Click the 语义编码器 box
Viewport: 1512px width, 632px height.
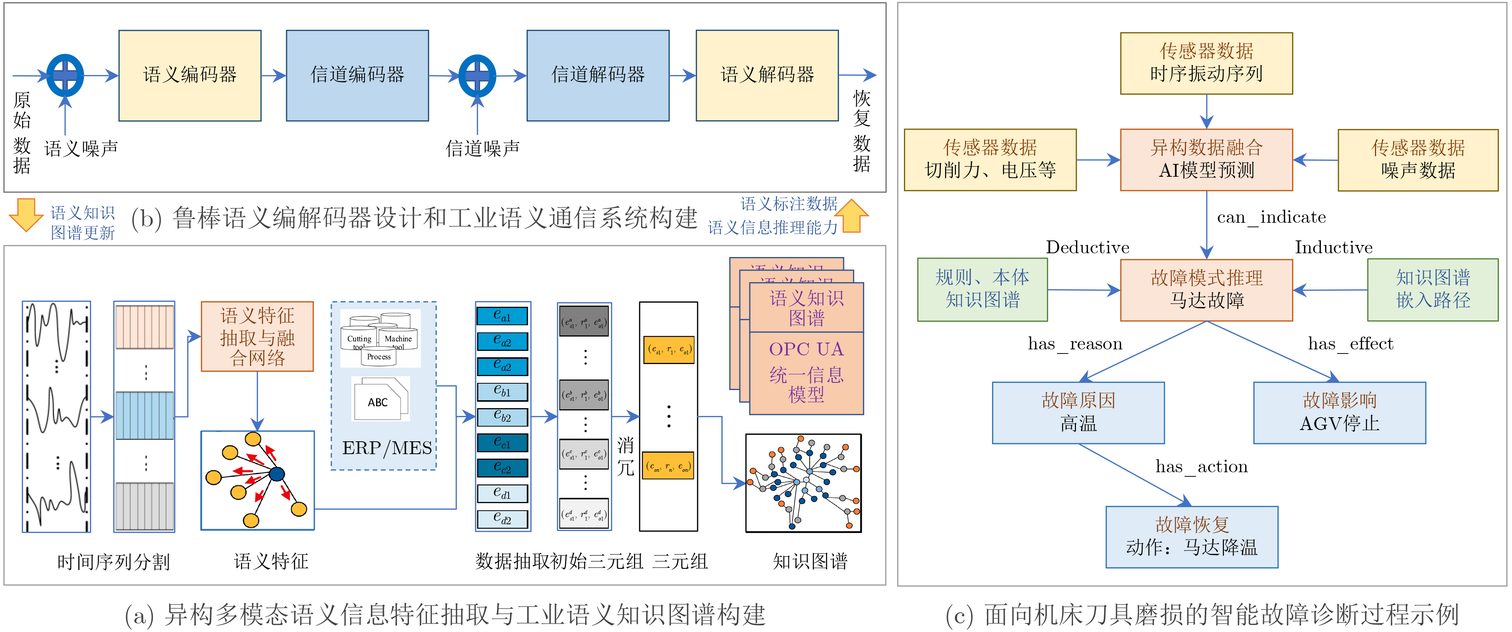pos(190,75)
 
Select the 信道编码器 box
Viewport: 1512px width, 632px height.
pos(357,75)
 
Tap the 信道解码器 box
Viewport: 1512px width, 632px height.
pos(597,75)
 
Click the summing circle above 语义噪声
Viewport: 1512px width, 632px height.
pos(65,75)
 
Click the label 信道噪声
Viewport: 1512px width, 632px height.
pos(483,148)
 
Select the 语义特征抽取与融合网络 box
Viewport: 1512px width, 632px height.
pos(257,337)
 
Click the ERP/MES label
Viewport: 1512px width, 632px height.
pos(387,448)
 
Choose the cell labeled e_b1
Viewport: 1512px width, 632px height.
pos(502,391)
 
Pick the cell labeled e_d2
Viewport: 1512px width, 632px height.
pos(502,519)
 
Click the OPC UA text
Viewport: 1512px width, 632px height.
pos(806,349)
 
